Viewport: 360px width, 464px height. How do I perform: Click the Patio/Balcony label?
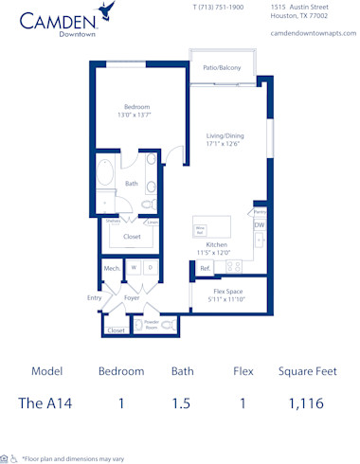[222, 68]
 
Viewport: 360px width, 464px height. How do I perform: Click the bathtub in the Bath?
[107, 176]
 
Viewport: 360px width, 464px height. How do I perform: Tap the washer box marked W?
[135, 269]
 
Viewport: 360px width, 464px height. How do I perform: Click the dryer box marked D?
[150, 269]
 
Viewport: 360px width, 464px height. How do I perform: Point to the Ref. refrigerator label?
[205, 269]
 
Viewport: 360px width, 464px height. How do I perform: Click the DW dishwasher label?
[259, 225]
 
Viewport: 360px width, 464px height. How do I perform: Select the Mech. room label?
[112, 270]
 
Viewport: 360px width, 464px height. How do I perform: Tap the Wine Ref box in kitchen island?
[201, 229]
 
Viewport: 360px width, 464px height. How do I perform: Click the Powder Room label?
[151, 325]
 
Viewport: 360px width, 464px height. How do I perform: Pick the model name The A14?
[45, 402]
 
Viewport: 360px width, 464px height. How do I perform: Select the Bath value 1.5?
[181, 402]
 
